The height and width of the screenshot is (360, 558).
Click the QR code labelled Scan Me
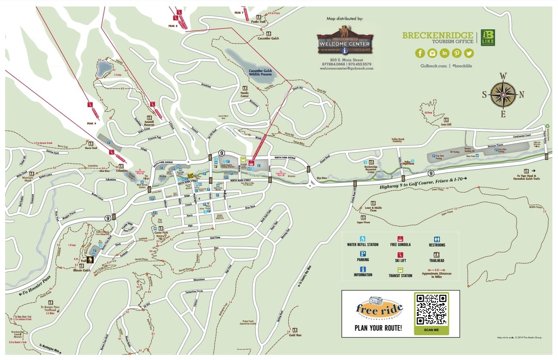point(431,309)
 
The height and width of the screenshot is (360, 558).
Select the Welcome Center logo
point(346,41)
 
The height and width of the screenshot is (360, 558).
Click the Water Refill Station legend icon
point(363,238)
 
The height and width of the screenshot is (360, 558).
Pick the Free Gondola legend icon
point(400,238)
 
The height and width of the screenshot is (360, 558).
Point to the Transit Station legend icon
point(400,269)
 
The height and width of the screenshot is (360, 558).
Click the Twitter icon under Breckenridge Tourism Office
point(468,53)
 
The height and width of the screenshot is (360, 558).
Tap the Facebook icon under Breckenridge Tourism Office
point(420,53)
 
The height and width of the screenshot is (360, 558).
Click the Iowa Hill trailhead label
point(445,124)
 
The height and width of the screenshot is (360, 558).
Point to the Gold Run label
point(295,335)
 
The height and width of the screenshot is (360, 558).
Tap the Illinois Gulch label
point(81,271)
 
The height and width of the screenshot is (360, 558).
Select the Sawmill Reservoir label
point(149,123)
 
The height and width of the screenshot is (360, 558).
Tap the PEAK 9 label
point(91,123)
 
